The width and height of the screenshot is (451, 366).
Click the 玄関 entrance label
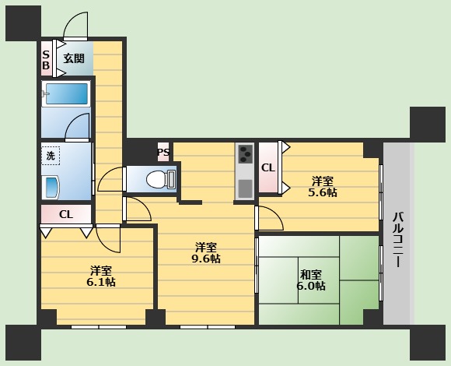[74, 58]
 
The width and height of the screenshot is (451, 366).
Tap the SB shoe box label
[46, 60]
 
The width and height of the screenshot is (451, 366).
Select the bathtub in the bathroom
[66, 94]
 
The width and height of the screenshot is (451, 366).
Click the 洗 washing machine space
[51, 156]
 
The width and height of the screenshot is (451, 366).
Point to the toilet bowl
[160, 179]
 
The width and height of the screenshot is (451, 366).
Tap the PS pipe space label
[163, 152]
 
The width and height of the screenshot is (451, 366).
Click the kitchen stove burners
[245, 153]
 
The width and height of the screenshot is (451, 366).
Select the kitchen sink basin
[245, 188]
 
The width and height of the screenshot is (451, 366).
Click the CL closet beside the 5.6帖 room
[268, 168]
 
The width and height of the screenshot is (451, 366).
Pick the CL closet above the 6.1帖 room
[66, 214]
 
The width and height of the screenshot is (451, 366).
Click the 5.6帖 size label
[323, 192]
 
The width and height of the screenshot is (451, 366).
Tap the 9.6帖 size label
[206, 259]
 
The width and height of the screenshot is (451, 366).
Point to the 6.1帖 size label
[101, 282]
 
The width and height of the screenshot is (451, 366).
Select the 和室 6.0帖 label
[311, 280]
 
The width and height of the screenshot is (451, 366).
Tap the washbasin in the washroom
[51, 188]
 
